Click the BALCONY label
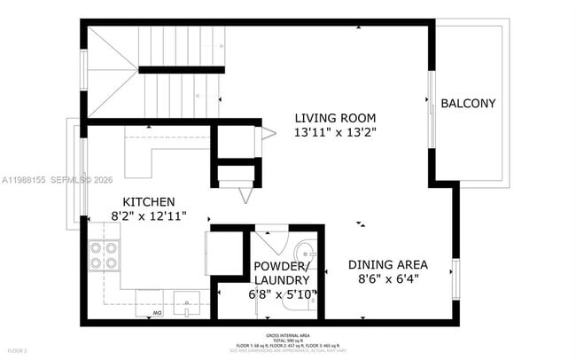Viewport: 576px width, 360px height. (468, 104)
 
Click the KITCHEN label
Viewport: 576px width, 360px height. (148, 201)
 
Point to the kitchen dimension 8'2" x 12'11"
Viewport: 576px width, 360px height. (148, 216)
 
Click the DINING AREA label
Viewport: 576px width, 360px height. (387, 264)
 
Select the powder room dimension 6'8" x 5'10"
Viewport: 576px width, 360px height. (280, 294)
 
